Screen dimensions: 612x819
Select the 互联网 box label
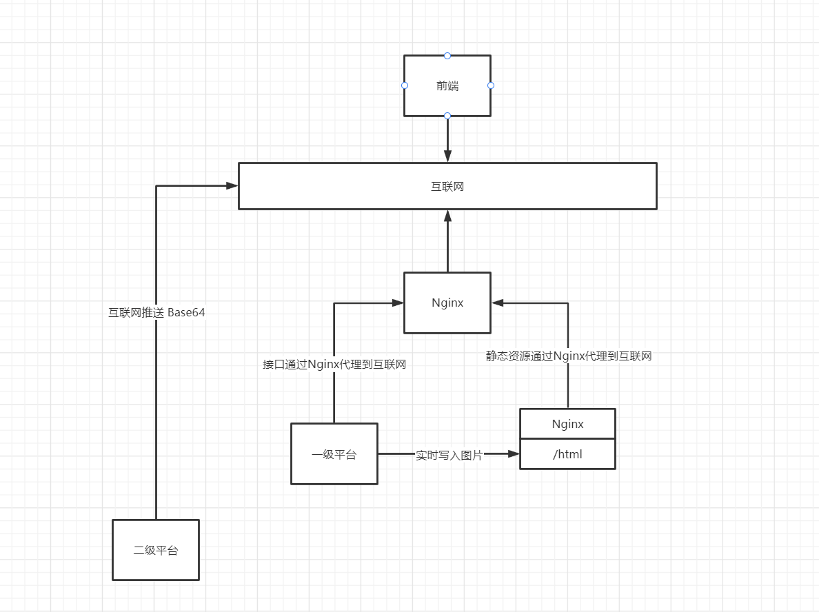point(447,186)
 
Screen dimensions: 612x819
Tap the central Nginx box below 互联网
point(447,303)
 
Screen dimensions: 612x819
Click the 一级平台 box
point(334,454)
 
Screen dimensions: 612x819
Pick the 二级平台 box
point(156,550)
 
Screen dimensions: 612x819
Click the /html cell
point(567,454)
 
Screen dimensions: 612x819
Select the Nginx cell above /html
point(567,424)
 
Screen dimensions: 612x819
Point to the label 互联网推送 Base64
point(156,312)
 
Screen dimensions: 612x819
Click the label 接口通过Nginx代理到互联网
point(334,365)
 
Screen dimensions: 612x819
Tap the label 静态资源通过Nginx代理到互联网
point(569,356)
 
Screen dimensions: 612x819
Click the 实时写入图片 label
point(449,456)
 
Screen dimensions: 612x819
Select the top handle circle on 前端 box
point(447,55)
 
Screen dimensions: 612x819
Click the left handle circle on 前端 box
point(405,85)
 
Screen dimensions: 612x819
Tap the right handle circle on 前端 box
point(491,85)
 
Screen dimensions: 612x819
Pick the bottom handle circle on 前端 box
point(447,115)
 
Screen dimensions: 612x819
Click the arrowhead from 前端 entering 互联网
point(447,156)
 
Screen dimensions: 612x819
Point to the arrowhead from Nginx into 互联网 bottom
point(447,215)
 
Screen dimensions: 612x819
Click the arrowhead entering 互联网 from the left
point(232,185)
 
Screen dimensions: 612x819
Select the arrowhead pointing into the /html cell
point(513,454)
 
